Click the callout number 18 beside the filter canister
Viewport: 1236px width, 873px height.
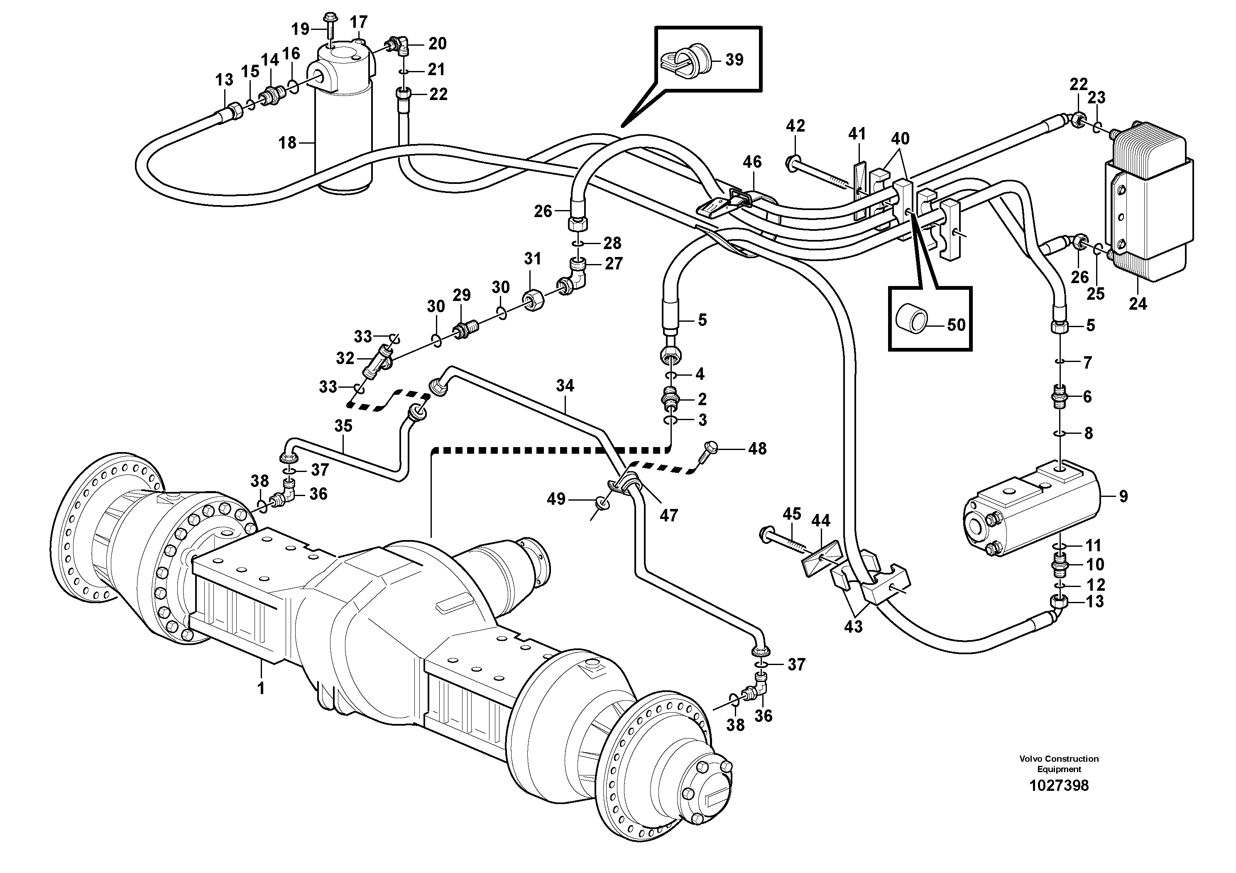tap(287, 143)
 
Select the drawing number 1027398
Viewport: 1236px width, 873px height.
tap(1058, 785)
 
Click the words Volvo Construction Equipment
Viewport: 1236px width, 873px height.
tap(1058, 764)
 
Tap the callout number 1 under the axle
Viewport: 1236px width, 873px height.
tap(261, 688)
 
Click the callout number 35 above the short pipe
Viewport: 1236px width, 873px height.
tap(343, 426)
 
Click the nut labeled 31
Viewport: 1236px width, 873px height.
tap(533, 299)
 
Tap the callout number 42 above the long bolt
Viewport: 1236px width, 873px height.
tap(795, 125)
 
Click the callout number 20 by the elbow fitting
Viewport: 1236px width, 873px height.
tap(437, 44)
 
